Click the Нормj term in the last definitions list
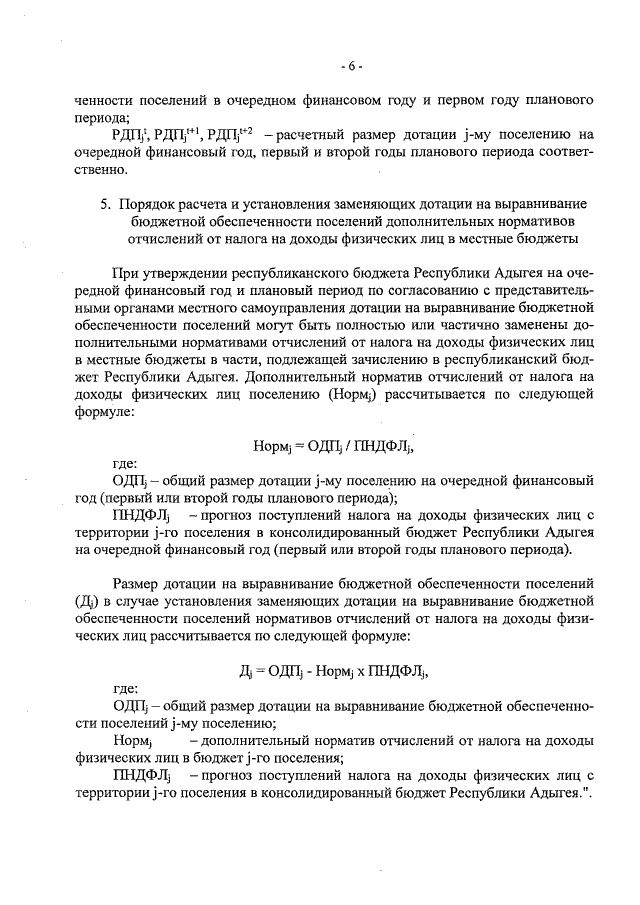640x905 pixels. [132, 741]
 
